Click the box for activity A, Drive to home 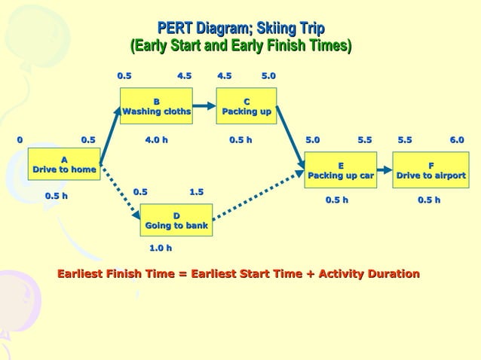coord(64,165)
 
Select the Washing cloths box coord(156,106)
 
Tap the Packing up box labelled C coord(247,106)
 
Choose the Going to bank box coord(176,220)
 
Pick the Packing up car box coord(341,170)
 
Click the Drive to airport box coord(430,170)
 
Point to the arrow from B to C coord(204,106)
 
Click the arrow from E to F coord(384,170)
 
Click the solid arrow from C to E coord(290,134)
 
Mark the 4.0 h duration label coord(156,139)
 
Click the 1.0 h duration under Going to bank coord(160,247)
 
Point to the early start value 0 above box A coord(20,139)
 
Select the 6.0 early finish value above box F coord(457,139)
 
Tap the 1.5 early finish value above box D coord(196,192)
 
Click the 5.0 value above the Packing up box coord(268,76)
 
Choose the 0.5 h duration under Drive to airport coord(429,200)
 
